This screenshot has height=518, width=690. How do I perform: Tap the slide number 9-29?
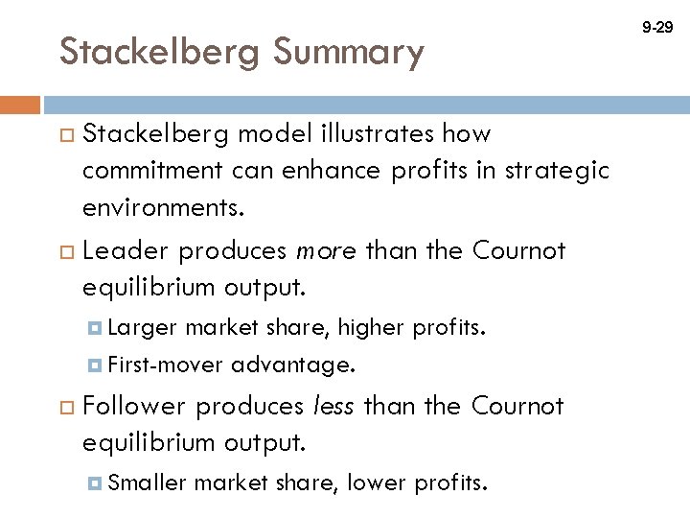tap(657, 29)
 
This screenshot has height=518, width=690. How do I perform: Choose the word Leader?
tap(126, 251)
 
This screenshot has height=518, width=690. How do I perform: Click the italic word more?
tap(327, 251)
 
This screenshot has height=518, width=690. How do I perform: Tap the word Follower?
tap(134, 407)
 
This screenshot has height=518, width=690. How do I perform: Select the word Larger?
tap(143, 328)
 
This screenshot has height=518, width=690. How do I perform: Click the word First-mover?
tap(166, 365)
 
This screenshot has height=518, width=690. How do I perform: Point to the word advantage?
tap(293, 365)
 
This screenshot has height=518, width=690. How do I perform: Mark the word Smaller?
tap(148, 483)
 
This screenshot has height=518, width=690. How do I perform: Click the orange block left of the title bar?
tap(20, 105)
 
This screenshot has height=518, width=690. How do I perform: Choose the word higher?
tap(373, 328)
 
